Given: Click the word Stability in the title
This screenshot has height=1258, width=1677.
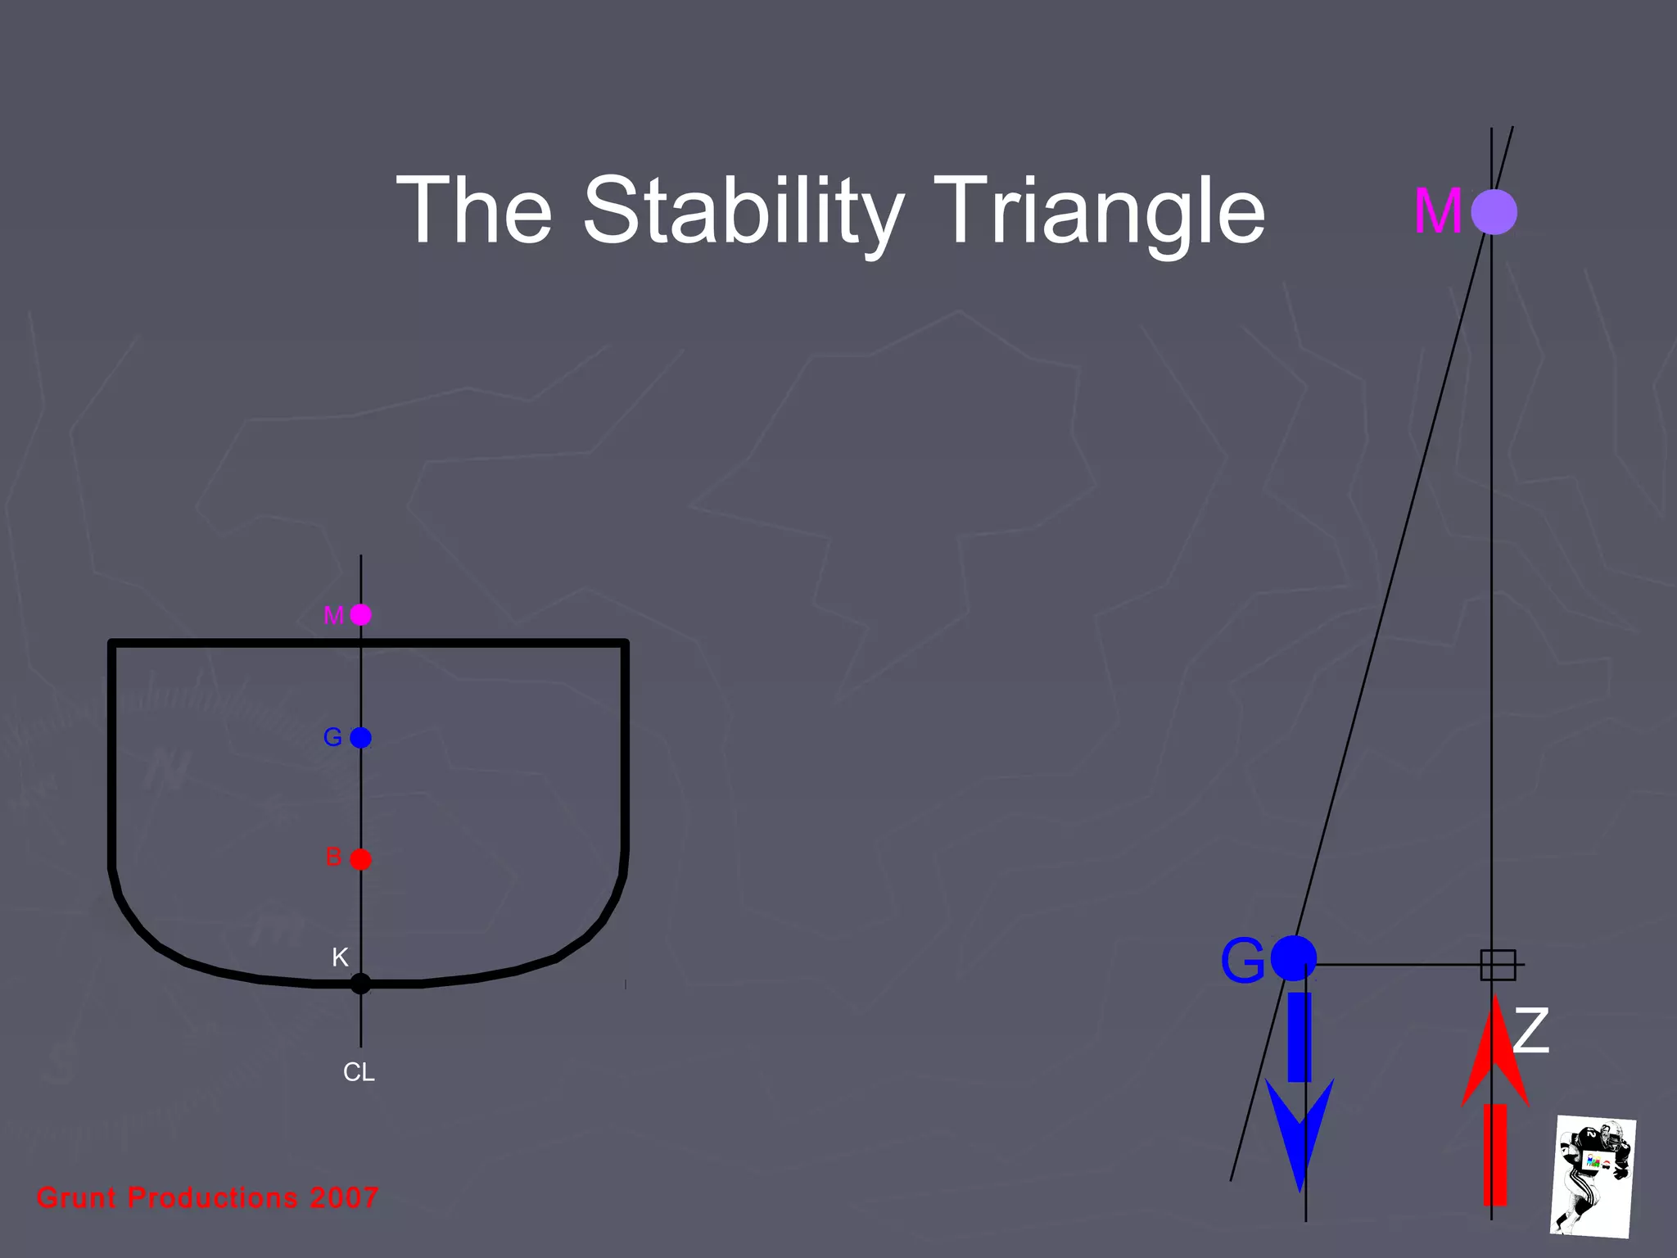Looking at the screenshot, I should tap(744, 211).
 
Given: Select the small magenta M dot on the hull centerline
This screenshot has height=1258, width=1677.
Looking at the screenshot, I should tap(361, 615).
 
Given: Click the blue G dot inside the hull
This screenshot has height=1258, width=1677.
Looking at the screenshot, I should tap(361, 738).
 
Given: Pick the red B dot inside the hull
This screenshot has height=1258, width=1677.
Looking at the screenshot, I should tap(361, 859).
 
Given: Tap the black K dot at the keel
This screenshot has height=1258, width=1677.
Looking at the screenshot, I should tap(360, 984).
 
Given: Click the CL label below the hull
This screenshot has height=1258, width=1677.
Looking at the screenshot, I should tap(359, 1073).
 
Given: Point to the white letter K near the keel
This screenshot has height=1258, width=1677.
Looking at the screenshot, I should tap(340, 957).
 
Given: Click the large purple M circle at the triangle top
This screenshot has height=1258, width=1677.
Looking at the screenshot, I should tap(1494, 212).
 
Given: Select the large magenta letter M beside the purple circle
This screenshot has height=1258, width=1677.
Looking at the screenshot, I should tap(1438, 211).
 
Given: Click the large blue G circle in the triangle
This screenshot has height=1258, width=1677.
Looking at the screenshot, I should tap(1294, 958).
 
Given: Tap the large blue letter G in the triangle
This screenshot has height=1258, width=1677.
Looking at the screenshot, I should tap(1242, 961).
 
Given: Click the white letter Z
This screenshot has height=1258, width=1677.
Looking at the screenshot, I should tap(1531, 1030).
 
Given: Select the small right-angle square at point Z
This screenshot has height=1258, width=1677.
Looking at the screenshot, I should tap(1498, 965).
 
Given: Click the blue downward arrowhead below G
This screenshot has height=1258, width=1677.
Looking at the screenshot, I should tap(1300, 1130).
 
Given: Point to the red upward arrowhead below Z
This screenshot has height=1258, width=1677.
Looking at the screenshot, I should tap(1495, 1052).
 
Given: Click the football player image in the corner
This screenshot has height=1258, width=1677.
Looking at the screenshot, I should tap(1593, 1176).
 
